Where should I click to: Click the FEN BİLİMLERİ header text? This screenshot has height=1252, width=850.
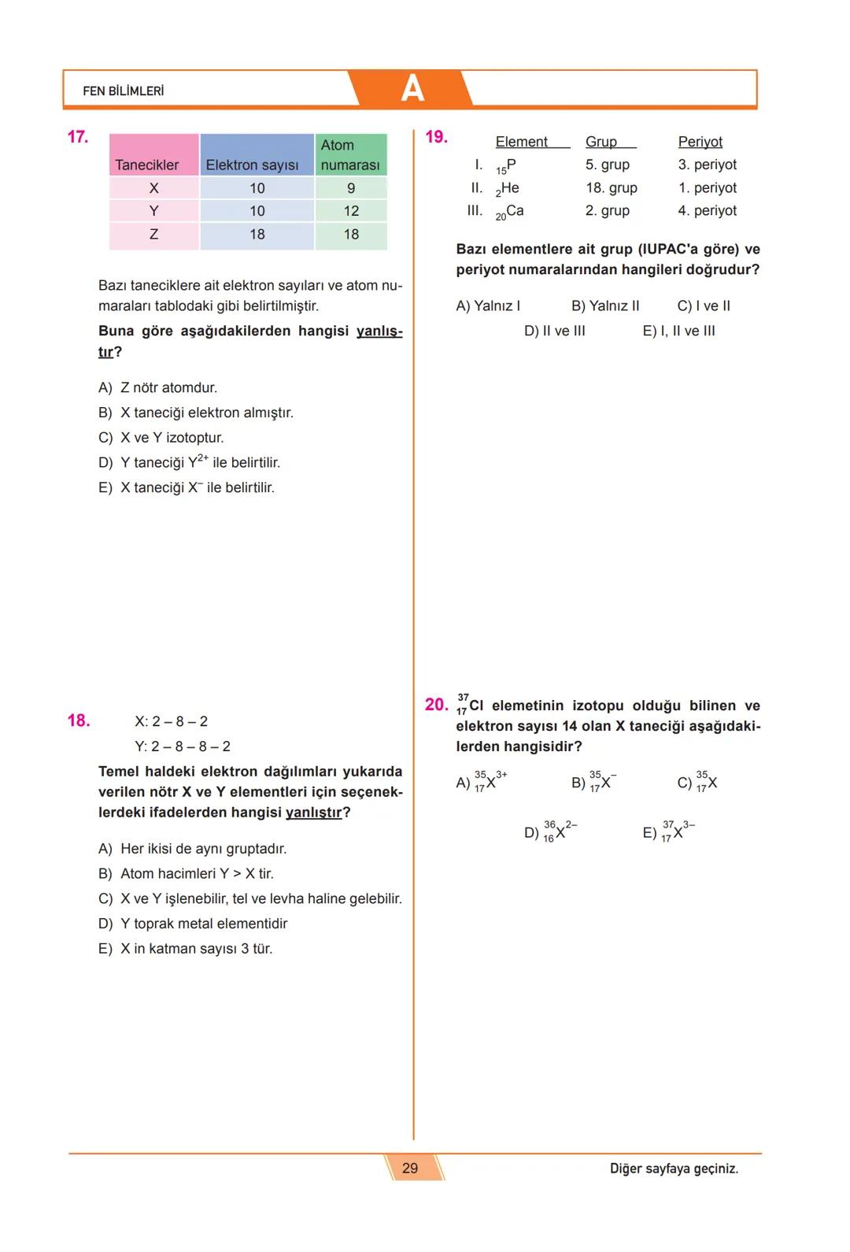pos(124,91)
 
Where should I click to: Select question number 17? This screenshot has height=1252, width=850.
pos(78,137)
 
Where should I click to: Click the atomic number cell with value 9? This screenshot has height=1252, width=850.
pos(351,188)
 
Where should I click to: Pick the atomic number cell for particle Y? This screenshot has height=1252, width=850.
pos(351,211)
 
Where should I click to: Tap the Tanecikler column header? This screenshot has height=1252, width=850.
pos(147,165)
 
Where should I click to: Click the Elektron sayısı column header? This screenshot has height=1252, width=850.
pos(252,165)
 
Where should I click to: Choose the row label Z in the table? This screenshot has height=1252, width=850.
pos(153,234)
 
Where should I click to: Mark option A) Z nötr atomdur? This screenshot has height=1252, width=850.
pos(157,388)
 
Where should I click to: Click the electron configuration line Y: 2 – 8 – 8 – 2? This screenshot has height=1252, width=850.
pos(183,746)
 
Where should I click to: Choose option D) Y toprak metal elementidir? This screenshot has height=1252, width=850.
pos(193,924)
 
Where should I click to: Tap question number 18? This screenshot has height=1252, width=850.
pos(79,720)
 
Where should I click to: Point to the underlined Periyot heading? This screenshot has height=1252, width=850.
pos(700,142)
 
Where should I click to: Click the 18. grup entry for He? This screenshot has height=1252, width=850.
pos(612,188)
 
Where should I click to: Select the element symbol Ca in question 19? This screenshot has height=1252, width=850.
pos(515,211)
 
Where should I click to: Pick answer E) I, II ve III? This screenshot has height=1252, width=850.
pos(679,332)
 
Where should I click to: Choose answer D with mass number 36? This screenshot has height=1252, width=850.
pos(551,832)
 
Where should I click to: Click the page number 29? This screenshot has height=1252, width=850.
pos(410,1168)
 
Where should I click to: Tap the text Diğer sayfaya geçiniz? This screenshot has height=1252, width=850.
pos(674,1169)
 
